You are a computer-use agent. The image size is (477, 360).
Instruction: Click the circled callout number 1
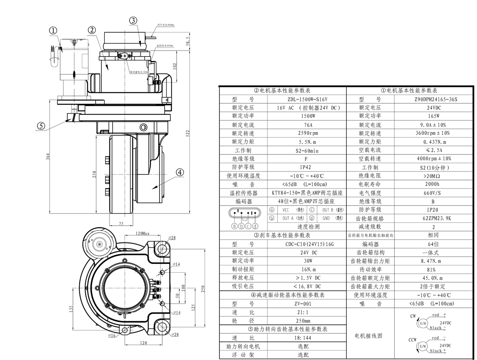(53, 31)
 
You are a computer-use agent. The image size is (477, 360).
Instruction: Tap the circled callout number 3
(133, 20)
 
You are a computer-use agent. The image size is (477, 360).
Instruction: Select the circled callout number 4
(180, 172)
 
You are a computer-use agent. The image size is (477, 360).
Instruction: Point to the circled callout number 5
(41, 126)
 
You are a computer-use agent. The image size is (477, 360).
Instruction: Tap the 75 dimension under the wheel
(121, 223)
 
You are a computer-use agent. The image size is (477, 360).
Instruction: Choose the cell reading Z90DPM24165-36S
(433, 99)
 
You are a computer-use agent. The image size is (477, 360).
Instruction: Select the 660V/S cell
(433, 193)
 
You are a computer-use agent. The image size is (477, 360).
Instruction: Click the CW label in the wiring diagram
(413, 316)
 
